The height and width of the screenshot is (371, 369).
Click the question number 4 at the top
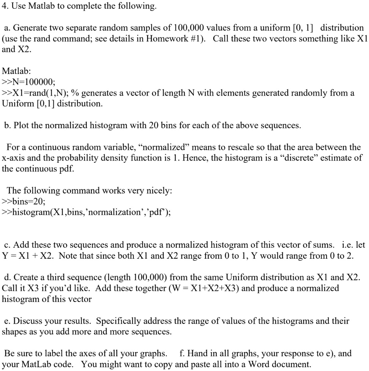click(4, 6)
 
